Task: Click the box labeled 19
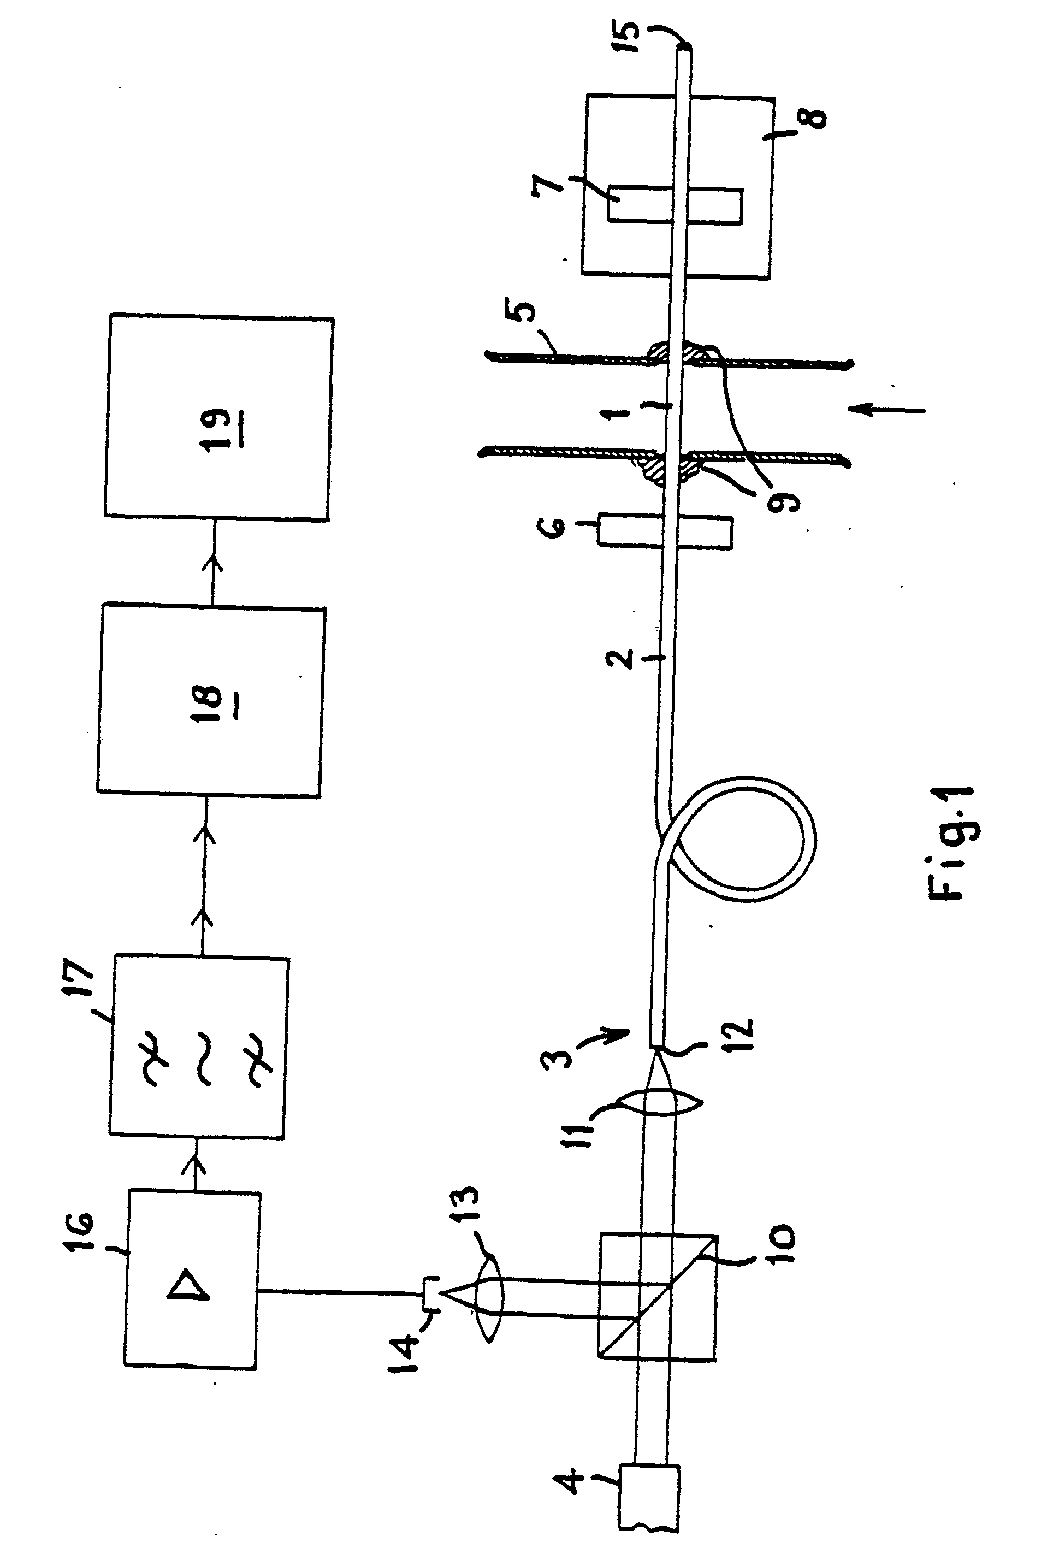click(x=218, y=417)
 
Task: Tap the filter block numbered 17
click(x=200, y=1047)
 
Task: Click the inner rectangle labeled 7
click(x=674, y=205)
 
